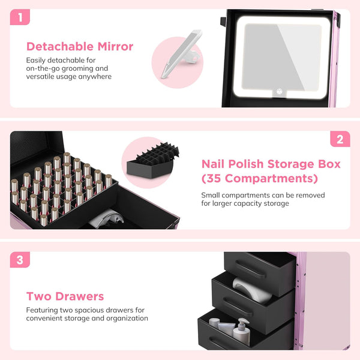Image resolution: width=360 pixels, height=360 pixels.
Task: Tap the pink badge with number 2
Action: pos(340,139)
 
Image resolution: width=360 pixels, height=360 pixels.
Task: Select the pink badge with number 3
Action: pos(20,260)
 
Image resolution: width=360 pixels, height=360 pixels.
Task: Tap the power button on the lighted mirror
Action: pos(279,93)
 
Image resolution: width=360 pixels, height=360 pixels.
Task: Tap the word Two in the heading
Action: pos(37,296)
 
